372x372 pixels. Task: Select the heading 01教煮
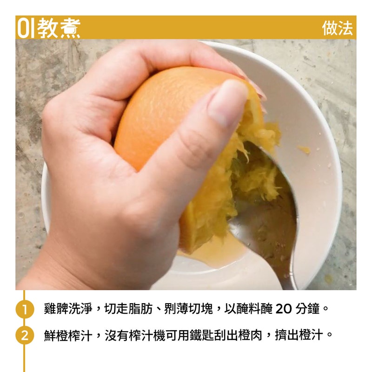[x=49, y=28]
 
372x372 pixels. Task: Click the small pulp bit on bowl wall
[x=304, y=149]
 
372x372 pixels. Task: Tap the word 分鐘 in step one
[x=306, y=309]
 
